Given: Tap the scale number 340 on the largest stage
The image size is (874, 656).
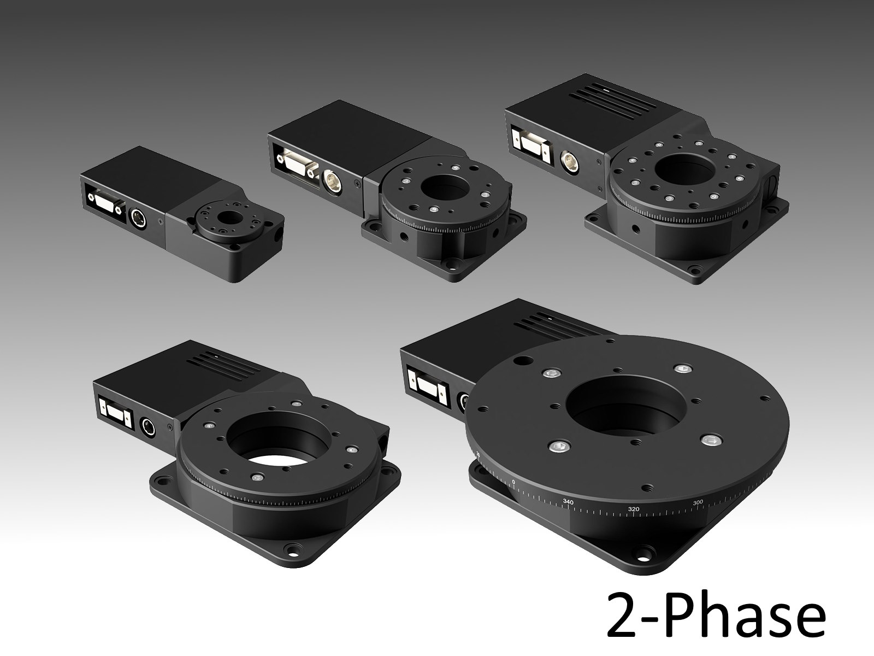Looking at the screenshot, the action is pos(568,502).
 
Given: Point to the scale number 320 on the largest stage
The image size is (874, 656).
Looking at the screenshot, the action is pos(634,509).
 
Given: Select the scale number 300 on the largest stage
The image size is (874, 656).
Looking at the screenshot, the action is pos(698,502).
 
